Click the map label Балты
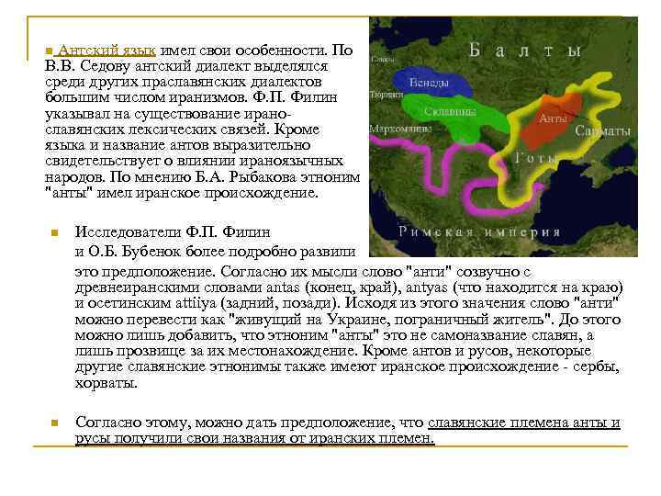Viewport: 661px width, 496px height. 525,51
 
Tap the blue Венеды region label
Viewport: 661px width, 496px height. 429,83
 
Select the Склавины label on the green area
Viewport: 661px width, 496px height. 450,111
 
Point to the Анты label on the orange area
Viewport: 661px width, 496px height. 551,118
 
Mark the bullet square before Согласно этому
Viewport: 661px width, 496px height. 55,423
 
